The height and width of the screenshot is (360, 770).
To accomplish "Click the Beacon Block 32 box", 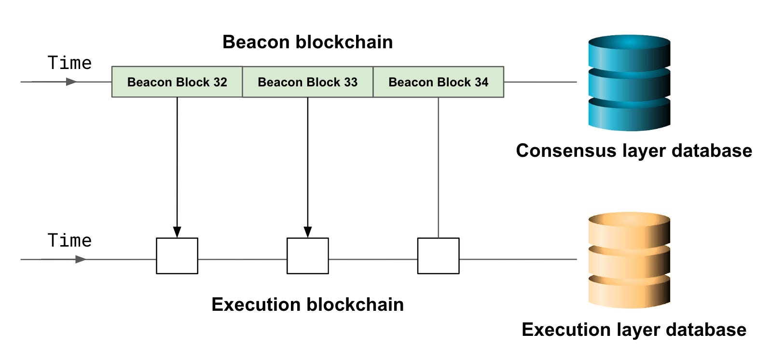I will pos(177,82).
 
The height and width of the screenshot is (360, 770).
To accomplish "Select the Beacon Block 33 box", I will pos(308,82).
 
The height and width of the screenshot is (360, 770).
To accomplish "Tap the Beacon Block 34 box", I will pos(438,82).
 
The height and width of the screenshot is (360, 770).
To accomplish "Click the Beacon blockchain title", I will pos(307,42).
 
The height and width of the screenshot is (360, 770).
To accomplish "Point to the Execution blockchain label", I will pos(307,305).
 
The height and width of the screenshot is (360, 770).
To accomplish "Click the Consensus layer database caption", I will pos(633,151).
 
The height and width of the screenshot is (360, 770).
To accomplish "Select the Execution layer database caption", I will pos(633,330).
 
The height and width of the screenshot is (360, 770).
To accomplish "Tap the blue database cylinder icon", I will pos(629,83).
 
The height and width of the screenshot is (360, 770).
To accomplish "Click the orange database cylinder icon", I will pos(629,260).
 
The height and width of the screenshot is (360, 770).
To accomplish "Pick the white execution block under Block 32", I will pos(177,256).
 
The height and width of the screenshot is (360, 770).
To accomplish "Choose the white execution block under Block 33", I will pos(308,256).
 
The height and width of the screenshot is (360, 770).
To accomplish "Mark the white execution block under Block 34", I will pos(438,256).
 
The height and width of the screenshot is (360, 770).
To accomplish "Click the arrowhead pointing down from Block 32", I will pos(177,232).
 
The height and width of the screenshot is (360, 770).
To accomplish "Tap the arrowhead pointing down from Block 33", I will pos(308,232).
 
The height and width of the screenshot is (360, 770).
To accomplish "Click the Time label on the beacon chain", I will pos(69,63).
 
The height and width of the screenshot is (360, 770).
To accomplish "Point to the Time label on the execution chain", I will pos(69,241).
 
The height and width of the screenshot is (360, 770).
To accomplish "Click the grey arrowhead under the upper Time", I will pos(71,82).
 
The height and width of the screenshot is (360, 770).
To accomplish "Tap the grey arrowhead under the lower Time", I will pos(81,260).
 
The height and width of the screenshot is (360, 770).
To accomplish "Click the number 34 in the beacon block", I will pos(481,82).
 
